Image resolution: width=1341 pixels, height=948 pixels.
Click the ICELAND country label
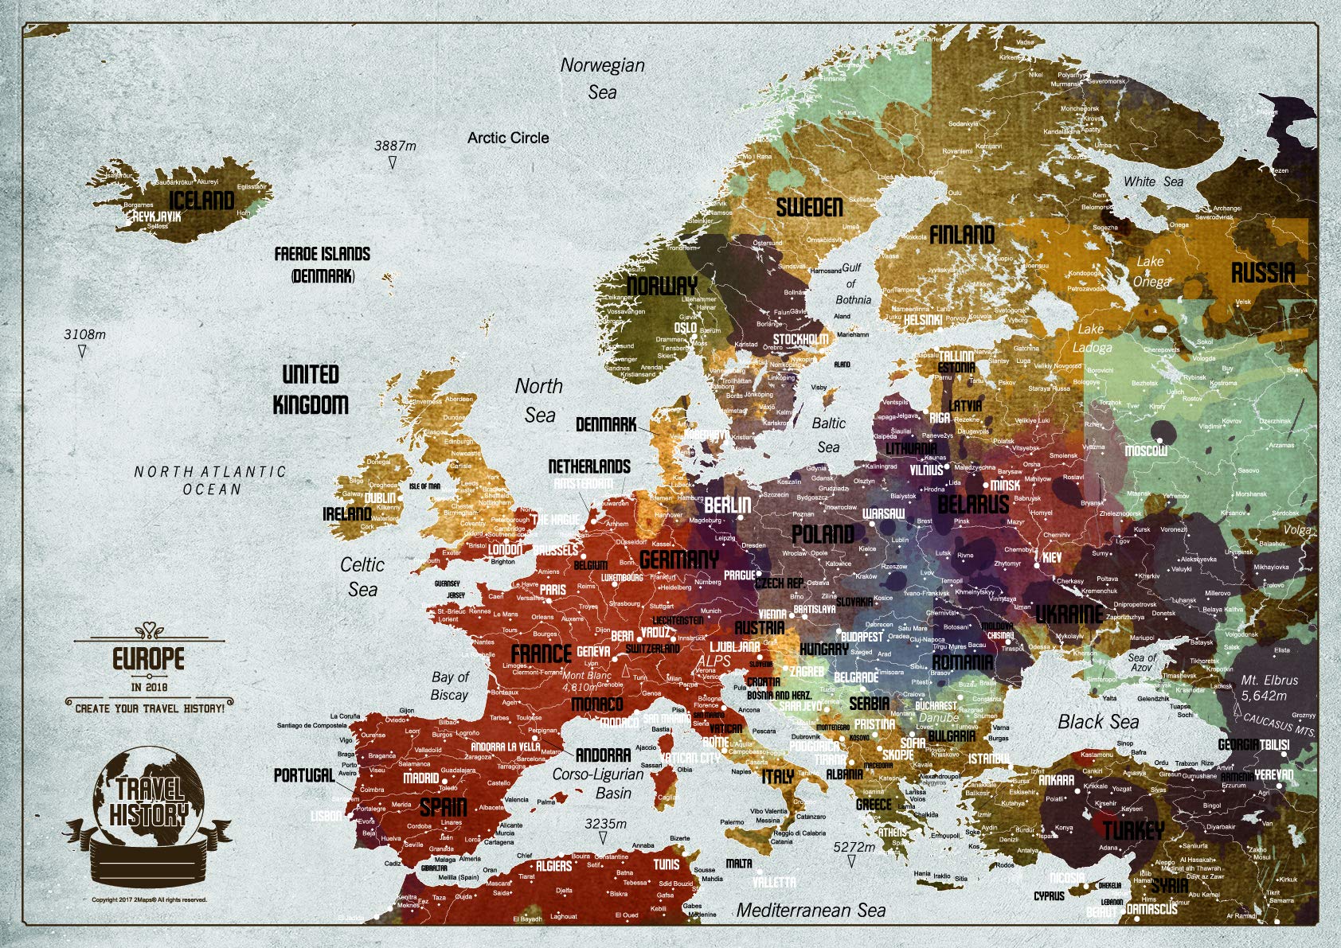pos(202,200)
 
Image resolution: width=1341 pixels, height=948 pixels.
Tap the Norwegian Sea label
pos(603,78)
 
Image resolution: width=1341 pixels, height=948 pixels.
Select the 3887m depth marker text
pos(395,146)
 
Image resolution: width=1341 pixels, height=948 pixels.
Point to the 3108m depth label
pos(84,334)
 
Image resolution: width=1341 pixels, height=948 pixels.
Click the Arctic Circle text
pos(508,138)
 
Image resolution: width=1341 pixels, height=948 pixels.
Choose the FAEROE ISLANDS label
pos(323,254)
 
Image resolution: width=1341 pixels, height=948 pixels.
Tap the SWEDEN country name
pos(809,208)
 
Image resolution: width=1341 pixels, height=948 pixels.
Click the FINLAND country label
pos(962,235)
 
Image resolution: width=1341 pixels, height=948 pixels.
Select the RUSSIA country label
pos(1263,273)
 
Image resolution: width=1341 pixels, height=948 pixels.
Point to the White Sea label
pos(1153,181)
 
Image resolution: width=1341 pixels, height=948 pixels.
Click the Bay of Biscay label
pos(450,685)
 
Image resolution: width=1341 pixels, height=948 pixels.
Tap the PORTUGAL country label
pos(304,774)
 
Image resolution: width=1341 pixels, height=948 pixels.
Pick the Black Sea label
pos(1098,722)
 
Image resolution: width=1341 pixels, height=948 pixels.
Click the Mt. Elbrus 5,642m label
pos(1269,688)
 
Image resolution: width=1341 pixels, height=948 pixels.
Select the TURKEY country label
pos(1133,831)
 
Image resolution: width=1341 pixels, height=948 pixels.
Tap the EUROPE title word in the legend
pos(148,659)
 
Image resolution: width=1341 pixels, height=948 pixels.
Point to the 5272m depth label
pos(854,847)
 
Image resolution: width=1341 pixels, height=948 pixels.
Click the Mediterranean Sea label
pos(811,911)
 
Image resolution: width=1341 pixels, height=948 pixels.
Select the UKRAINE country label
pos(1069,614)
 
